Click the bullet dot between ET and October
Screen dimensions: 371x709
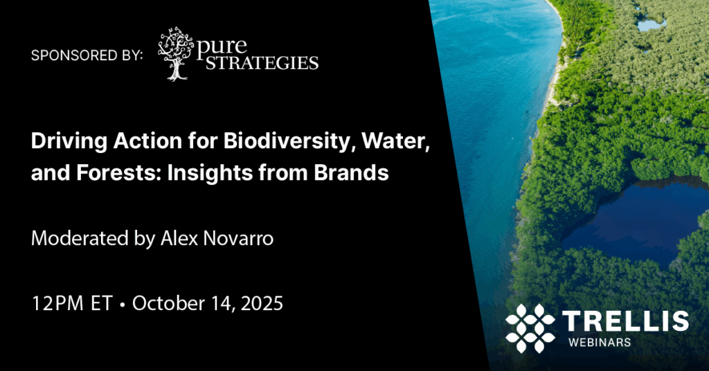coord(121,305)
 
